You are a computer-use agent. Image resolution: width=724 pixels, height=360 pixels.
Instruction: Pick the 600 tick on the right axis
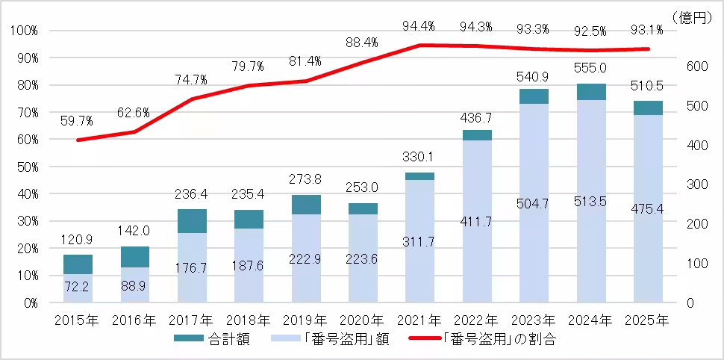coord(696,66)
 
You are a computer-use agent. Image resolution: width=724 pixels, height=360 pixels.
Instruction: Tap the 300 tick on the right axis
coord(696,184)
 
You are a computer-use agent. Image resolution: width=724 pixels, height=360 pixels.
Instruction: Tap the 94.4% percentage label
coord(419,26)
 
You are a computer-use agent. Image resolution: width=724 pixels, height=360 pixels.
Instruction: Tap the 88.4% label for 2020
coord(362,43)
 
